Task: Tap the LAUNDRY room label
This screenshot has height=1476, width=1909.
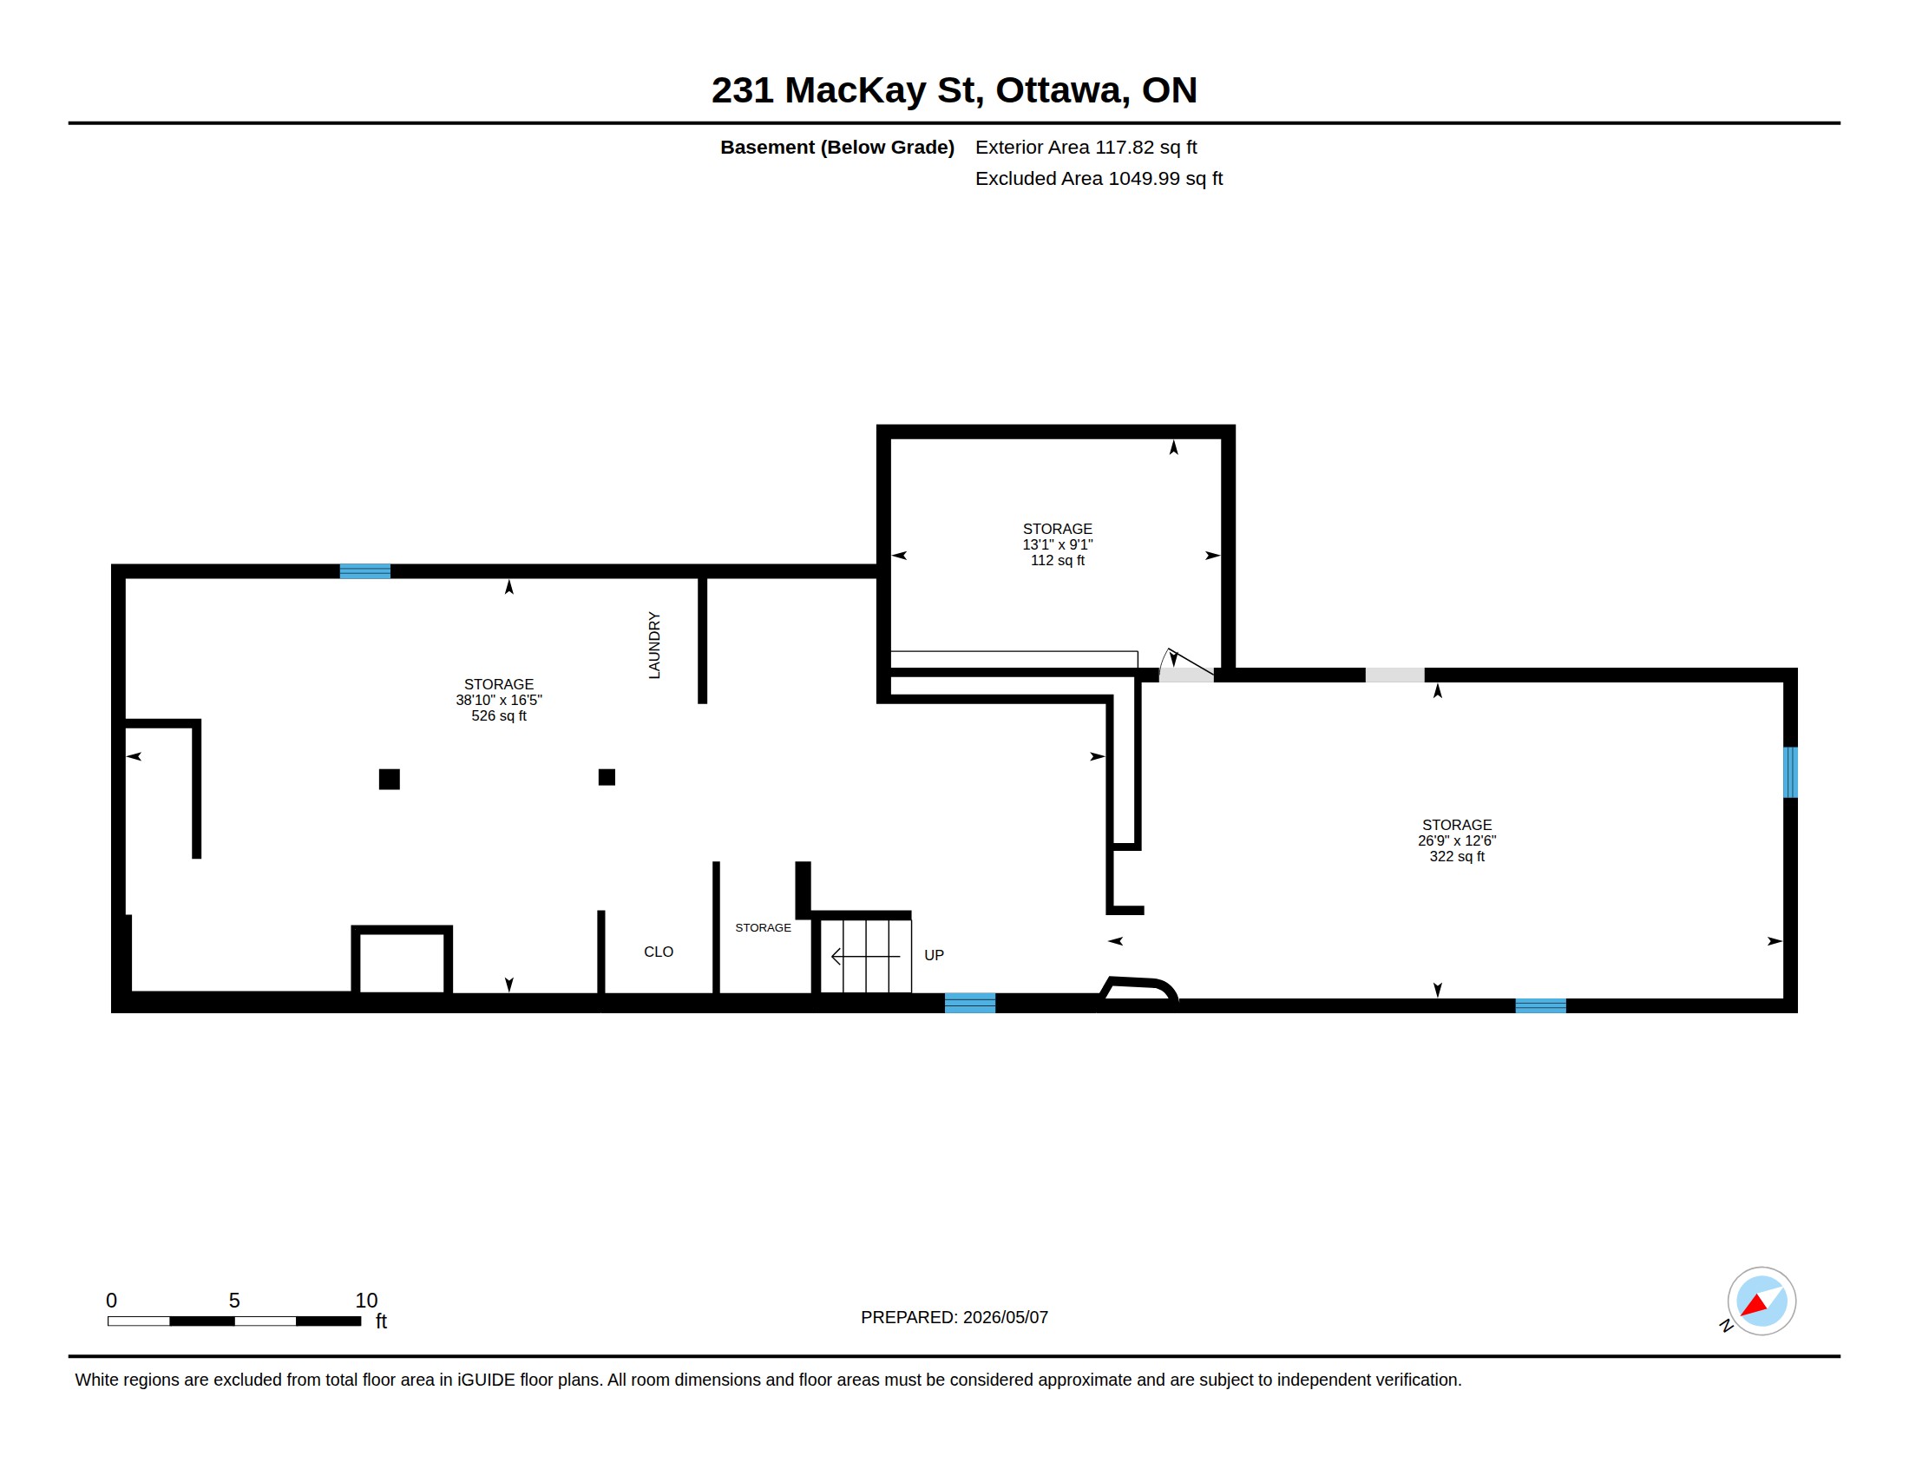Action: pos(653,645)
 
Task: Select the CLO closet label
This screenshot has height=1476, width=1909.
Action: pos(659,952)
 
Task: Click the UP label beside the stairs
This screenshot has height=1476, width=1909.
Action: pos(934,955)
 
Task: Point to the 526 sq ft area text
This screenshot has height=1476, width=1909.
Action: pos(498,715)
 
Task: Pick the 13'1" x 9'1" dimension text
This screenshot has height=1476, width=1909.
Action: pos(1058,544)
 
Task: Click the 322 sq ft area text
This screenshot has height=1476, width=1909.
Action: pos(1456,856)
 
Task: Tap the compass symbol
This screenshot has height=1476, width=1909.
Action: pos(1761,1301)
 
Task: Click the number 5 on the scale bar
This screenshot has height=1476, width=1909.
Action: pos(234,1301)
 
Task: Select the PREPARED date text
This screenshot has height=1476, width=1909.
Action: pos(954,1317)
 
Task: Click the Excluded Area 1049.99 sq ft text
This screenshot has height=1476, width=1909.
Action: pos(1099,178)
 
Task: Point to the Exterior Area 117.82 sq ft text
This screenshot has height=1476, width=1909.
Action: pos(1086,147)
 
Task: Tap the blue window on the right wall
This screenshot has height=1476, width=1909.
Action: pos(1790,772)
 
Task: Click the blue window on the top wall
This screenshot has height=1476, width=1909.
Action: pos(365,571)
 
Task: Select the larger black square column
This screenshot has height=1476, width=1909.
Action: pos(390,779)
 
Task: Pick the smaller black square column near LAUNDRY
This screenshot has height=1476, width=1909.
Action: pos(607,777)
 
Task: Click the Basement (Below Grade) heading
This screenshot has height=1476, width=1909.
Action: pos(836,147)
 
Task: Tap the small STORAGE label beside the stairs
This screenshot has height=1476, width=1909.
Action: pos(763,928)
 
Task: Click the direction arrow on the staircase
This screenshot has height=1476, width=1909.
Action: pos(865,957)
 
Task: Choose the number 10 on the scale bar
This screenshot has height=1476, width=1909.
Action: pos(366,1301)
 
